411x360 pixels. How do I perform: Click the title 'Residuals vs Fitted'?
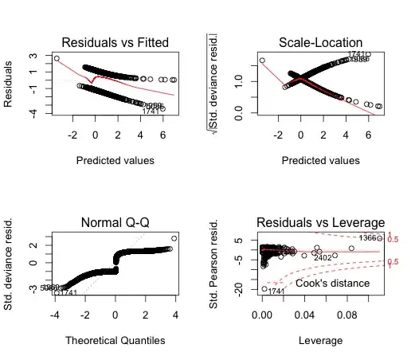[x=115, y=41]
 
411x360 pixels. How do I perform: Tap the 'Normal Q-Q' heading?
[x=115, y=222]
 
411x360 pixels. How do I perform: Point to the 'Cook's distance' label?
[x=333, y=283]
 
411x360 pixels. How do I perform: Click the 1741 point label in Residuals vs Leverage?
[x=276, y=292]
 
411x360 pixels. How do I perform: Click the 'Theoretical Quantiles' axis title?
[x=115, y=340]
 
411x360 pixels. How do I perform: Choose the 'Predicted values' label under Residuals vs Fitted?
[x=115, y=159]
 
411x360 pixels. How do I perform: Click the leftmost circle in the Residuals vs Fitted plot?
[x=57, y=58]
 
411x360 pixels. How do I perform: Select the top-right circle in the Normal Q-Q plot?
[x=174, y=238]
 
